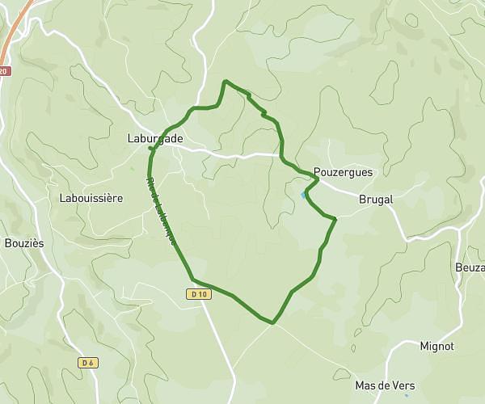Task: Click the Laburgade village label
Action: pyautogui.click(x=155, y=139)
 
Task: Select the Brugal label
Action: pyautogui.click(x=375, y=199)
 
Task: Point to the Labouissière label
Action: pyautogui.click(x=91, y=197)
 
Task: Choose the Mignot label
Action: pyautogui.click(x=436, y=346)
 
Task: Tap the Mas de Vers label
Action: pyautogui.click(x=385, y=385)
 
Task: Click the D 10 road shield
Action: pyautogui.click(x=200, y=294)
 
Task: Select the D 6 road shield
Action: pyautogui.click(x=89, y=363)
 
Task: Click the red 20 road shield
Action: pyautogui.click(x=4, y=71)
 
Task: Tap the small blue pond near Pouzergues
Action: pyautogui.click(x=303, y=195)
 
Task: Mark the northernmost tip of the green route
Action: pyautogui.click(x=225, y=81)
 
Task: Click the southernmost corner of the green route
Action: pyautogui.click(x=272, y=323)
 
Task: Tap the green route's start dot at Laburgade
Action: pyautogui.click(x=151, y=149)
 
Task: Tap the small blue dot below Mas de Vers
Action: pyautogui.click(x=406, y=395)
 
